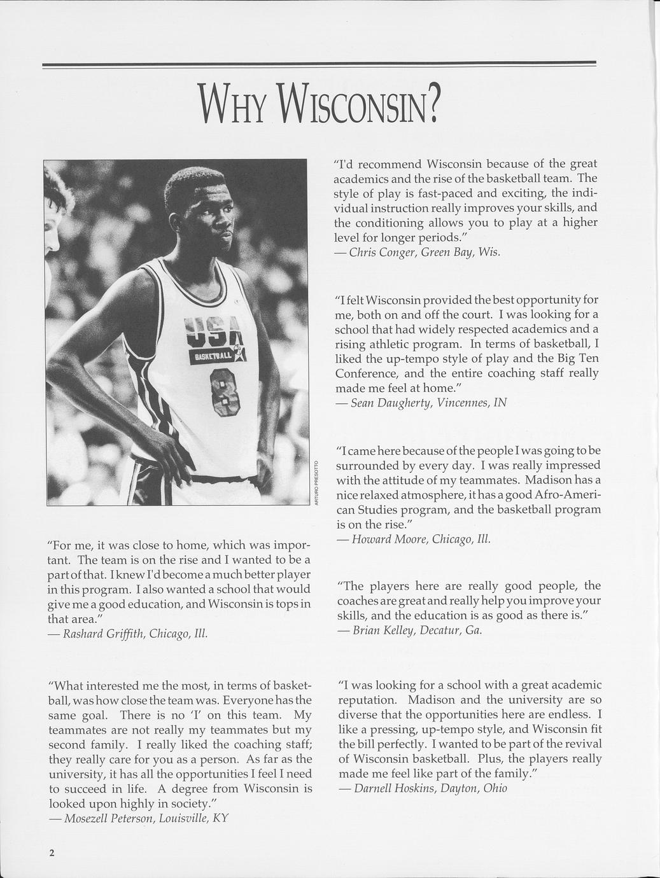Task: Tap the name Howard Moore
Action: [x=388, y=540]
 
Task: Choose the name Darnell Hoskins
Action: [x=394, y=788]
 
